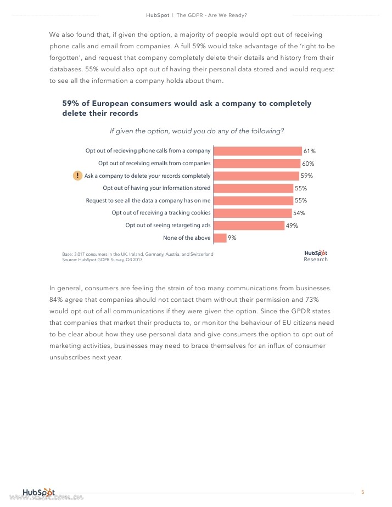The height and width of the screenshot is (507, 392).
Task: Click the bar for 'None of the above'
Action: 220,238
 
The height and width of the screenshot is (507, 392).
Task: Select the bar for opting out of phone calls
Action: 257,151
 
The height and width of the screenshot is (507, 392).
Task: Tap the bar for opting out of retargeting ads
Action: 248,226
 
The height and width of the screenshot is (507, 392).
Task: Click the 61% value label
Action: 310,151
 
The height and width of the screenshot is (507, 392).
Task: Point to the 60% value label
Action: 308,164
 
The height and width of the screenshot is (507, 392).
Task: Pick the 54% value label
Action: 299,213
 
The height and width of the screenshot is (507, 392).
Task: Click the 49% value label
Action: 292,226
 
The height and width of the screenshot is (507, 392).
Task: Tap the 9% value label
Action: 232,238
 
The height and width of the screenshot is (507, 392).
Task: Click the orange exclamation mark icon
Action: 77,176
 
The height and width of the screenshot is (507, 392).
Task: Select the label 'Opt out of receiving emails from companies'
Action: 154,163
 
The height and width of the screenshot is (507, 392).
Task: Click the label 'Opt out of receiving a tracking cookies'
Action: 161,213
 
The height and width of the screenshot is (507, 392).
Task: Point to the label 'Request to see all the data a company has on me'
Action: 148,200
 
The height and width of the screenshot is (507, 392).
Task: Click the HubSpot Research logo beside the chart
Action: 316,255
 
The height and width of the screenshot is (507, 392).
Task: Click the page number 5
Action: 363,492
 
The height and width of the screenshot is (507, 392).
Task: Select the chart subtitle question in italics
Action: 197,131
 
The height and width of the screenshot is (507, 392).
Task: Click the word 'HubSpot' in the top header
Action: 158,15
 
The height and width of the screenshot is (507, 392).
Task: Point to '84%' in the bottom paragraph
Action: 57,299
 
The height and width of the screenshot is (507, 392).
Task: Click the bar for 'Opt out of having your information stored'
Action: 253,188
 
